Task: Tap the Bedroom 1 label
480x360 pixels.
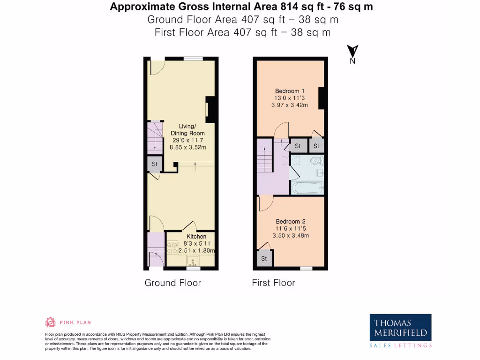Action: tap(290, 91)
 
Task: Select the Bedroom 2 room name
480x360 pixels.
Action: tap(291, 221)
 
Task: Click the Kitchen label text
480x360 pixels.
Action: tap(196, 237)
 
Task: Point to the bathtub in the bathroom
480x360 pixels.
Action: tap(307, 188)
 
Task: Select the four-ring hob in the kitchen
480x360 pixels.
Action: tap(172, 247)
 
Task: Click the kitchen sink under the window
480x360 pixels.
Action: tap(193, 261)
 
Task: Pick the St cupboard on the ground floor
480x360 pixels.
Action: tap(154, 165)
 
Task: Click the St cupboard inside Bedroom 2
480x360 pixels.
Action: tap(264, 259)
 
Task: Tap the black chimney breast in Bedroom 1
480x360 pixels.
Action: tap(321, 98)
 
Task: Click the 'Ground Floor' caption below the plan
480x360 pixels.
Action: tap(172, 283)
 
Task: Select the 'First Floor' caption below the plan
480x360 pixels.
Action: tap(273, 283)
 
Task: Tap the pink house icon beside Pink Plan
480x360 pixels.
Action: tap(50, 322)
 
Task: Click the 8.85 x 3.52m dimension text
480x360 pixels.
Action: tap(188, 147)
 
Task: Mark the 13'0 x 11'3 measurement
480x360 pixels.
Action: tap(290, 98)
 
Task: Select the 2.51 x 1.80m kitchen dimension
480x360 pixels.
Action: tap(196, 251)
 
